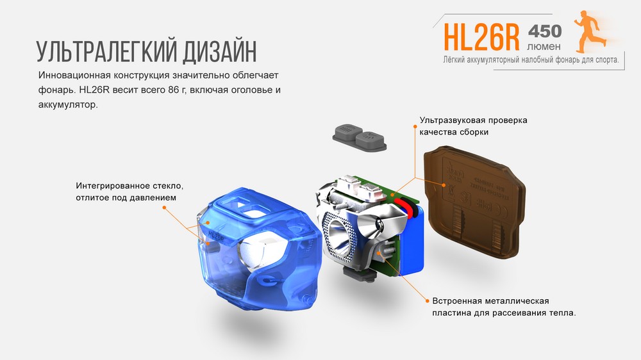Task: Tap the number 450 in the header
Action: [x=544, y=31]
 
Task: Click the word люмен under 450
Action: [x=544, y=47]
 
